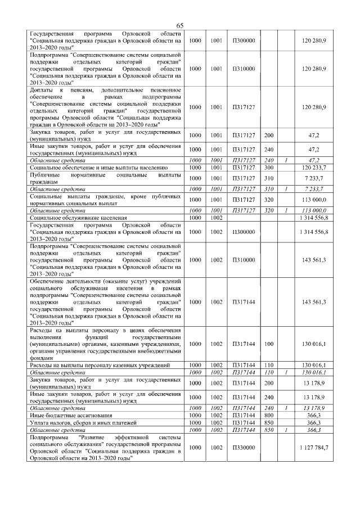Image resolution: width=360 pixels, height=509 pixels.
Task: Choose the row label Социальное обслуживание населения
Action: coord(78,217)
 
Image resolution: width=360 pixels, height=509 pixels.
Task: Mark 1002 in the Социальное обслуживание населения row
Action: coord(217,217)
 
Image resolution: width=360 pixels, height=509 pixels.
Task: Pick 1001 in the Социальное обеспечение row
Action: coord(217,168)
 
